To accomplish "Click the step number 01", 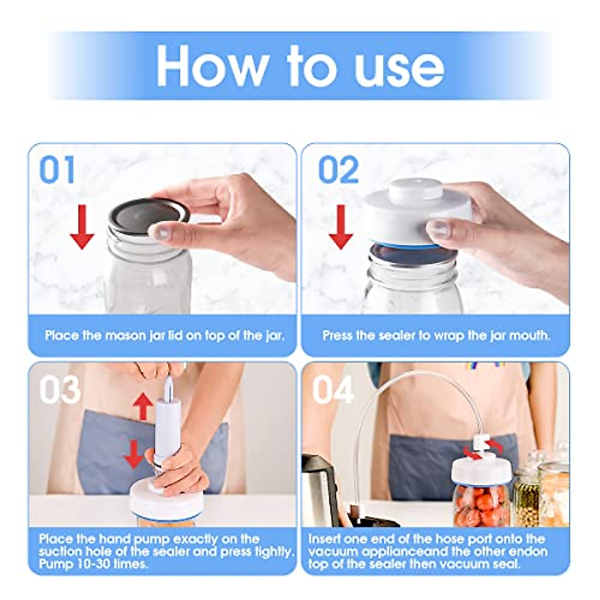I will [57, 170].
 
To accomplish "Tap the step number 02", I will [338, 170].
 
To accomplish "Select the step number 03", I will [59, 389].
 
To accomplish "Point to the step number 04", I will [333, 389].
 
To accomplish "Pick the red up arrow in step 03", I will [143, 405].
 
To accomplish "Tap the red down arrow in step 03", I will [134, 453].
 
